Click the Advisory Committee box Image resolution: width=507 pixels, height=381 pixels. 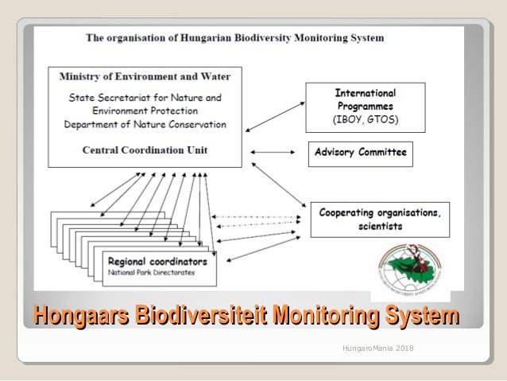click(x=360, y=152)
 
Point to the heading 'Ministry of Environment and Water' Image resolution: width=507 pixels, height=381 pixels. click(x=145, y=77)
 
